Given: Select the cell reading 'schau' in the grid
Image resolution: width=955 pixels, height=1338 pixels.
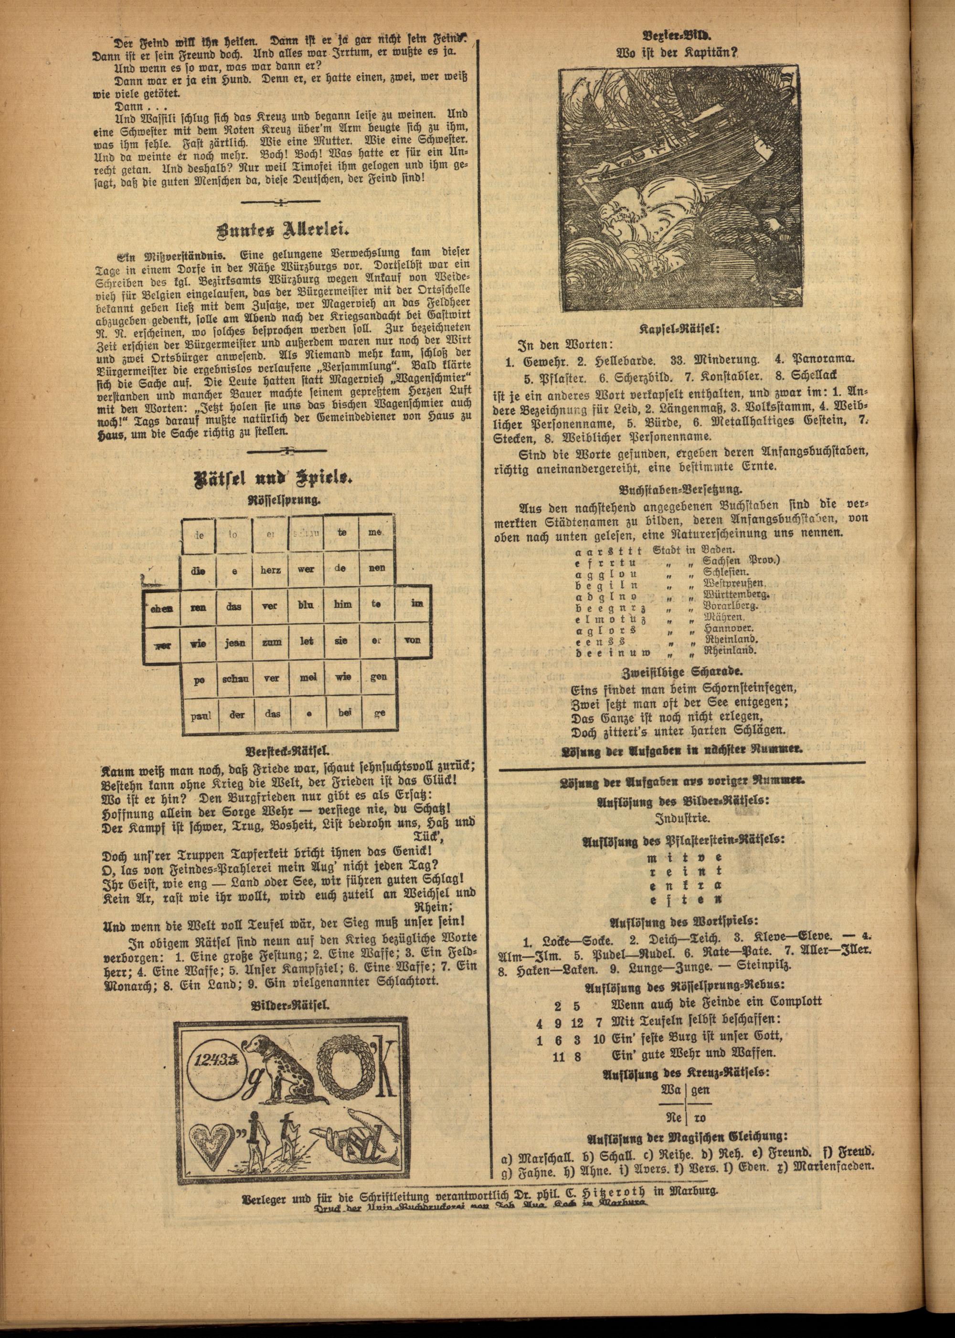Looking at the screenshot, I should tap(235, 678).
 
